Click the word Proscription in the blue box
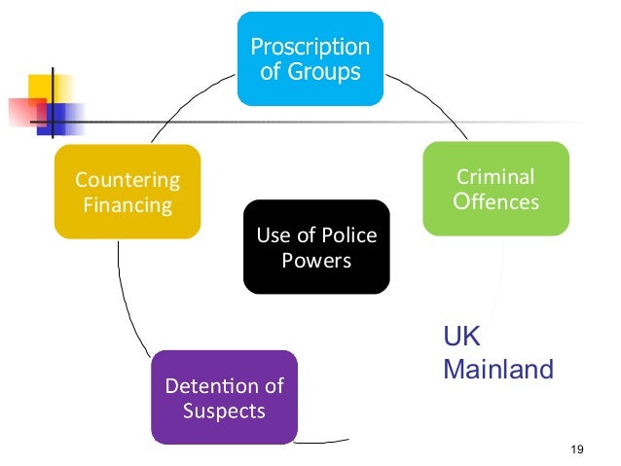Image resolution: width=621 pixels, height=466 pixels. coord(310,46)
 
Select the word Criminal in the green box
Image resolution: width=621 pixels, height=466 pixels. coord(495,178)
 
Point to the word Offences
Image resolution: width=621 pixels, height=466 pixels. coord(495,202)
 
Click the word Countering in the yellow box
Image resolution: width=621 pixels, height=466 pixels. coord(128,180)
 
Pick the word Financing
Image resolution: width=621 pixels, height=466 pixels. coord(128,205)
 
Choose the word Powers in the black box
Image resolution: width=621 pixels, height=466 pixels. coord(315,261)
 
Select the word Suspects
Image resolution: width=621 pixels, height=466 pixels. coord(224,411)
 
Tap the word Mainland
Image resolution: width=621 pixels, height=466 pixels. coord(497,370)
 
